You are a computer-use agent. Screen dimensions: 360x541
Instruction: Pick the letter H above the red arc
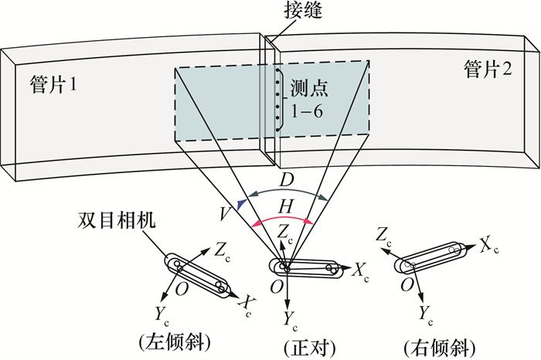click(x=284, y=205)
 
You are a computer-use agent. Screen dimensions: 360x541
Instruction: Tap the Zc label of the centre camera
click(x=285, y=233)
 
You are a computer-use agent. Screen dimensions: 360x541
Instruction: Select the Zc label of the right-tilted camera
click(x=383, y=236)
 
